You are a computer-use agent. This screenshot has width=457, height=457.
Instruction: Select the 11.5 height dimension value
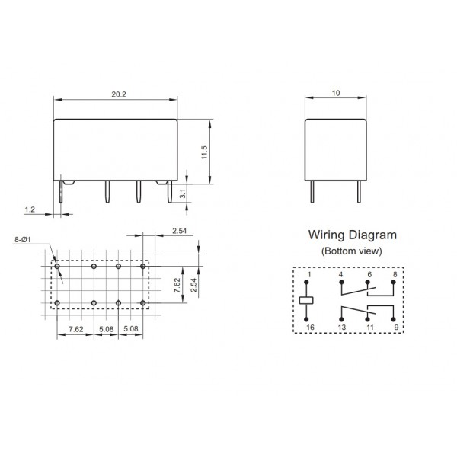[x=205, y=152]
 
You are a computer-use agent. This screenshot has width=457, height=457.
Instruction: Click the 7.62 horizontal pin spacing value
[x=76, y=330]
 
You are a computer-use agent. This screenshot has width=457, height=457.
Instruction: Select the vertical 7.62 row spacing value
[x=177, y=286]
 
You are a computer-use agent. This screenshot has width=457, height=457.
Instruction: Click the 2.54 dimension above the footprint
[x=180, y=230]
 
